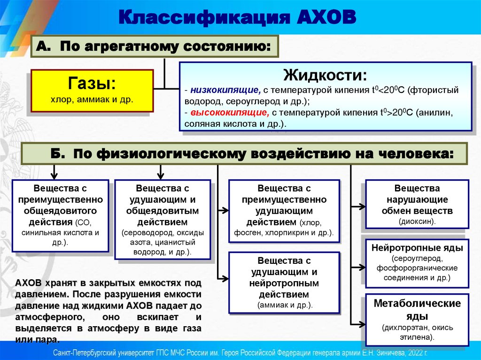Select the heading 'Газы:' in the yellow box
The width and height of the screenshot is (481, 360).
(x=92, y=84)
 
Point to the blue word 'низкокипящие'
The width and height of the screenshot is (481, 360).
(x=226, y=90)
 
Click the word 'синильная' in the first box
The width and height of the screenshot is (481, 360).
(x=39, y=232)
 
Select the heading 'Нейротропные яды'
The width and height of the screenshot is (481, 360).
(x=417, y=247)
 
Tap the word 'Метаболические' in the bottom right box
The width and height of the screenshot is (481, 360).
(x=417, y=303)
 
